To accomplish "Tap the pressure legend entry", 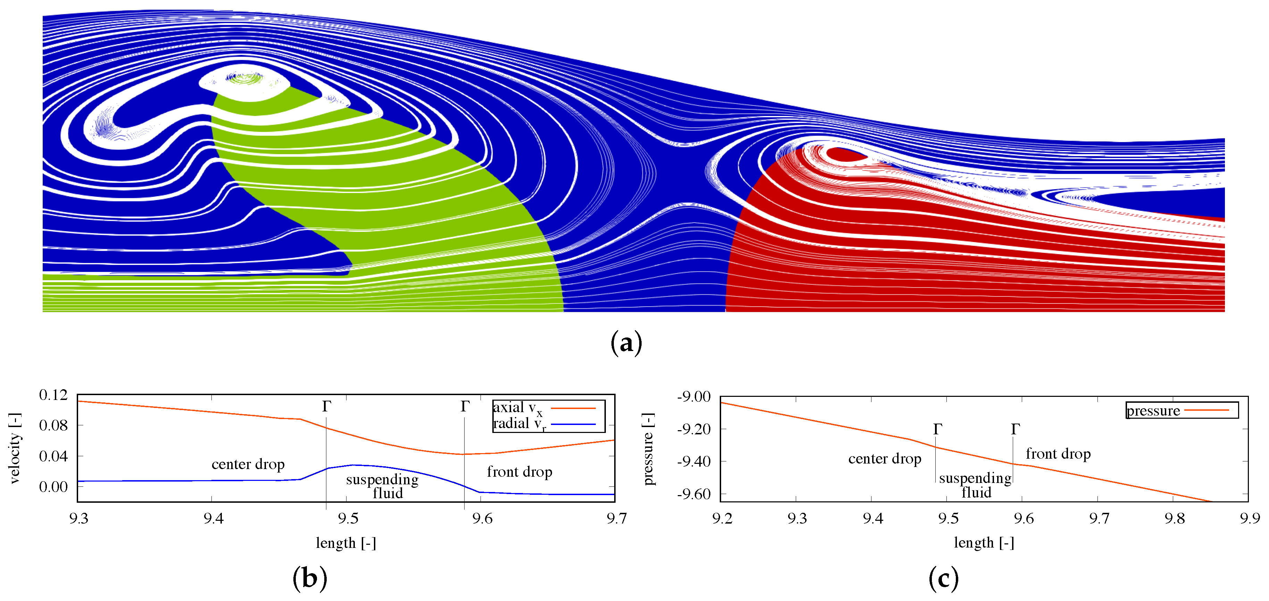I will click(x=1177, y=410).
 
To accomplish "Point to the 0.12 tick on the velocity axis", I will click(x=53, y=395).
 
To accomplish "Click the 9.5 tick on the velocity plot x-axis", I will click(x=348, y=518).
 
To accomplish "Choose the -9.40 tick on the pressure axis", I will click(x=694, y=461).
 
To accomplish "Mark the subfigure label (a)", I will click(x=626, y=342).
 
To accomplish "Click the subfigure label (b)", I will click(x=310, y=578).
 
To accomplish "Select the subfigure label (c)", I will click(x=943, y=578).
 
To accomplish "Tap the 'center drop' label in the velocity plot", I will click(x=248, y=464).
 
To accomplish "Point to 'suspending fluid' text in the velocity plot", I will click(x=382, y=486).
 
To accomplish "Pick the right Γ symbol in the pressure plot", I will click(x=1015, y=429).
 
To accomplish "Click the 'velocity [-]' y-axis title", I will click(x=15, y=448).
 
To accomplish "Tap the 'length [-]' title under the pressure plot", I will click(x=984, y=543).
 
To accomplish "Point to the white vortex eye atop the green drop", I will click(x=245, y=79).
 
